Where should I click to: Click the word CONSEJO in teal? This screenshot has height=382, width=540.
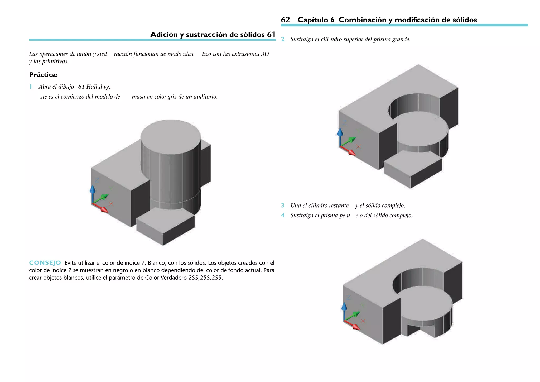(x=45, y=263)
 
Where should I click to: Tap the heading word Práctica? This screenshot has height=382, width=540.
(x=43, y=75)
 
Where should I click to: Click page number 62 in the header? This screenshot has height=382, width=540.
(x=285, y=20)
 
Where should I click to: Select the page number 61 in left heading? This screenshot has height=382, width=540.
(x=271, y=35)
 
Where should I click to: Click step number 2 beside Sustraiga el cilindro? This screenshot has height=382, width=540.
(x=283, y=39)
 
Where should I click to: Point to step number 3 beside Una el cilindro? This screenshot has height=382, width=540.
(x=283, y=206)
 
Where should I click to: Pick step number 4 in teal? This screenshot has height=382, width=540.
(x=283, y=216)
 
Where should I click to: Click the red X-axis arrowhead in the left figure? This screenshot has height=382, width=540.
(x=105, y=210)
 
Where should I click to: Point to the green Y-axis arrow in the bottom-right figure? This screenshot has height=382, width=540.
(x=353, y=316)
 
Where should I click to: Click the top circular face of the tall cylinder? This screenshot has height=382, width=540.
(x=171, y=137)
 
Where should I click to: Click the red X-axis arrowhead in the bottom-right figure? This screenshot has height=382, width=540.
(x=356, y=327)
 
